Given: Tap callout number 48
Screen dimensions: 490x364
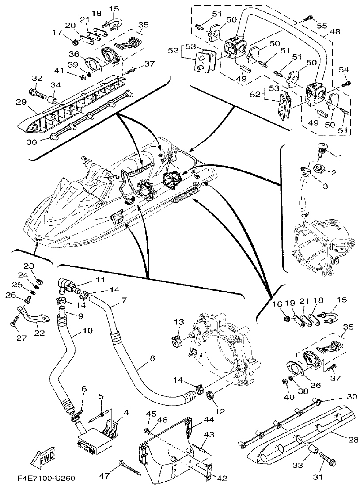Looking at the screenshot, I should pyautogui.click(x=335, y=32).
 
